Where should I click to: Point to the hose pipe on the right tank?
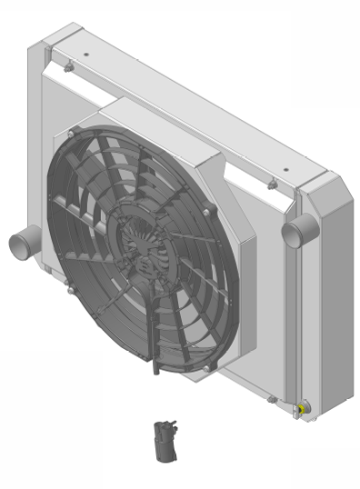tap(295, 232)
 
